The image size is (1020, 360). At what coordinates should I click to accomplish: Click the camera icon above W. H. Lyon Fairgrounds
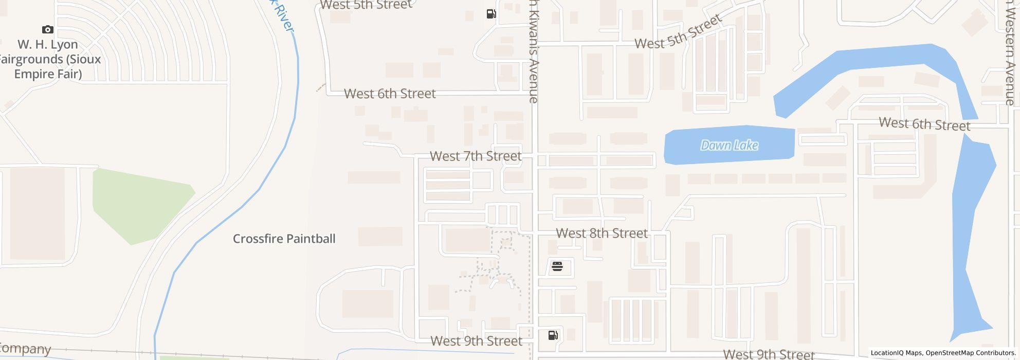click(x=48, y=30)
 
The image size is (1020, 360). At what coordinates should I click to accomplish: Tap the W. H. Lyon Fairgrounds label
click(x=49, y=59)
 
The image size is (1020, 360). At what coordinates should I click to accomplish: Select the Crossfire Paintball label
click(x=284, y=239)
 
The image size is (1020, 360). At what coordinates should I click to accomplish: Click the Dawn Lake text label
click(x=729, y=146)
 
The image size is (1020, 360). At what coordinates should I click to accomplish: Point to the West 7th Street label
click(x=475, y=156)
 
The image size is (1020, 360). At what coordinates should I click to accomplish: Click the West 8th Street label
click(x=602, y=233)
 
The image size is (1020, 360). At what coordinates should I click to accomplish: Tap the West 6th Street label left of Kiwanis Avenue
click(x=389, y=94)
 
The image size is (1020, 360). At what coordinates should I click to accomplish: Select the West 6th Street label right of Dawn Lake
click(x=924, y=124)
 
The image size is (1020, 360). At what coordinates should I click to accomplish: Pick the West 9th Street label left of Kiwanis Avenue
click(x=476, y=341)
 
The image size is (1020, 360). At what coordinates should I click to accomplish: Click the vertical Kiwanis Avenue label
click(x=534, y=51)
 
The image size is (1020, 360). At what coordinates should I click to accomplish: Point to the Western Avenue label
click(x=1010, y=51)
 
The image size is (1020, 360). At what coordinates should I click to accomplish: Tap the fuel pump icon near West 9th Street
click(x=553, y=335)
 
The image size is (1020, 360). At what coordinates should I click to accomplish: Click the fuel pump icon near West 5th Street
click(x=491, y=14)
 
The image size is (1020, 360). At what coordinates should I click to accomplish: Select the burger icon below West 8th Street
click(x=557, y=266)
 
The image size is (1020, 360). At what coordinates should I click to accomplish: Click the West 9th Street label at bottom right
click(x=769, y=354)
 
